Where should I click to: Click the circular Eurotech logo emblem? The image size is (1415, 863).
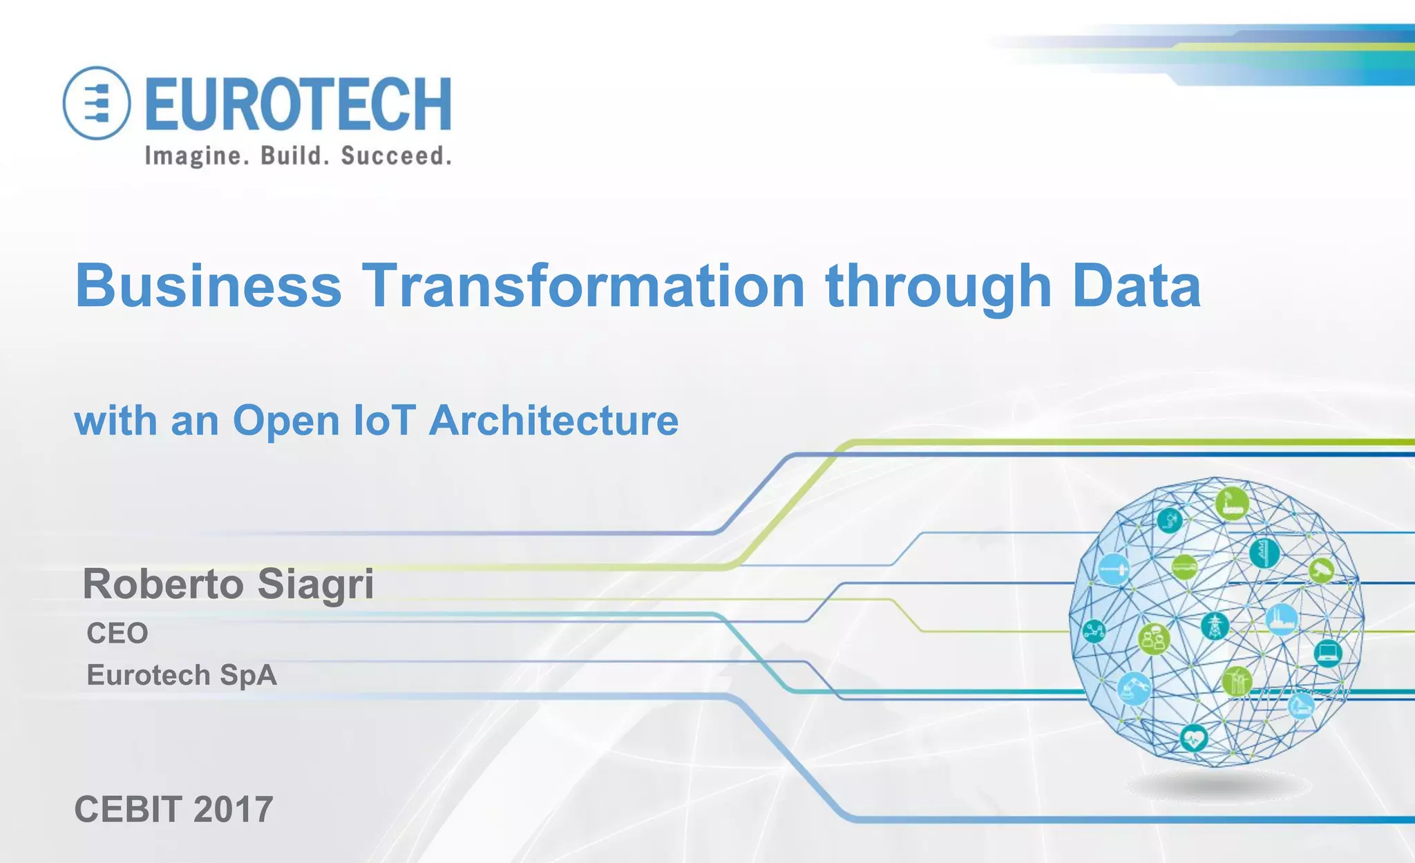pyautogui.click(x=97, y=103)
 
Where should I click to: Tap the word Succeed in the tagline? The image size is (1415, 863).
pyautogui.click(x=396, y=156)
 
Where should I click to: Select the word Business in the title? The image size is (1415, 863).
pyautogui.click(x=208, y=285)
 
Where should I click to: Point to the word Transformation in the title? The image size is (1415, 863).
pyautogui.click(x=584, y=285)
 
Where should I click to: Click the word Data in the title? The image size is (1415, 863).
pyautogui.click(x=1137, y=285)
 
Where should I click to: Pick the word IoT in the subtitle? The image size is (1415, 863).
pyautogui.click(x=384, y=420)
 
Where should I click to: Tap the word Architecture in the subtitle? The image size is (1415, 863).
pyautogui.click(x=553, y=420)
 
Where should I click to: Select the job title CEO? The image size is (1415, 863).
pyautogui.click(x=117, y=633)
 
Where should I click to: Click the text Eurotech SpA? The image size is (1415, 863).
pyautogui.click(x=182, y=675)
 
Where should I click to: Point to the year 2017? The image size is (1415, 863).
pyautogui.click(x=233, y=809)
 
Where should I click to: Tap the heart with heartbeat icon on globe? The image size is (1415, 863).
pyautogui.click(x=1193, y=739)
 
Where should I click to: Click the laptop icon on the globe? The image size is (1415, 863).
pyautogui.click(x=1327, y=652)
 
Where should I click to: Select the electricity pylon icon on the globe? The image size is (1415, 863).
pyautogui.click(x=1214, y=626)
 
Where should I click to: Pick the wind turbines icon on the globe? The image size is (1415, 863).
pyautogui.click(x=1236, y=682)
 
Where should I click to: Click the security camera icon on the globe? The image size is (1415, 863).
pyautogui.click(x=1321, y=570)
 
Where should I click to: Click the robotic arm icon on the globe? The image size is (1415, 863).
pyautogui.click(x=1134, y=687)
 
